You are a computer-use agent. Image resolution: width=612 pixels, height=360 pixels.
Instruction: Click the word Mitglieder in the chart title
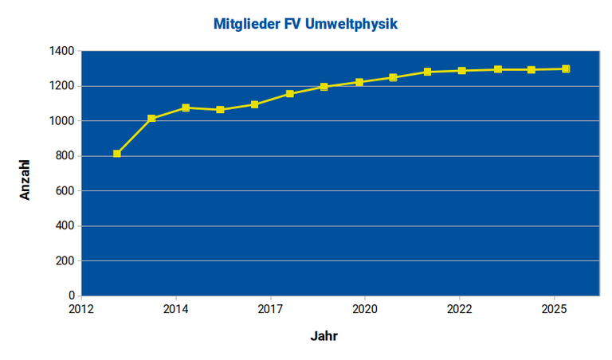245,25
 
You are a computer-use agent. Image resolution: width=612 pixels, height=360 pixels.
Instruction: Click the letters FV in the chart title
292,25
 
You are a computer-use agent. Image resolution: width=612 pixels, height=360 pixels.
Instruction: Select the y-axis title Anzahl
25,179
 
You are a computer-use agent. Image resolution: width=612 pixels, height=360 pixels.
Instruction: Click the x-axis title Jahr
324,336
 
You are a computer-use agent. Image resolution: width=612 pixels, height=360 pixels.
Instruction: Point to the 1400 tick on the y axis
61,51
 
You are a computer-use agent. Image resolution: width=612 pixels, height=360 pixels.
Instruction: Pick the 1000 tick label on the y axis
61,121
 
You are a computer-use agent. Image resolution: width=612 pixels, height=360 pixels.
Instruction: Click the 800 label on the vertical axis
65,156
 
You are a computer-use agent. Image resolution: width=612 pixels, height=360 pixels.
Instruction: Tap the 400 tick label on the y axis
65,226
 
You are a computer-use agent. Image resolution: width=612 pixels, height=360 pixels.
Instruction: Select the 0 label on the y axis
71,296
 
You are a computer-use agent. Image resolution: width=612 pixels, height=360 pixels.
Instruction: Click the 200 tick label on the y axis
65,261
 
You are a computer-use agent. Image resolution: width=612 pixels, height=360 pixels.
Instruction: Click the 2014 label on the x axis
175,308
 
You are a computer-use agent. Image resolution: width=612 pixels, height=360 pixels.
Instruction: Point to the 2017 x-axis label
270,308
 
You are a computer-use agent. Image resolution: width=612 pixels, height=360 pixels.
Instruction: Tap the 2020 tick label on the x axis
364,308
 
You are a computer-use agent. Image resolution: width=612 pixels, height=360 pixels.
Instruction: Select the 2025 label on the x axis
553,308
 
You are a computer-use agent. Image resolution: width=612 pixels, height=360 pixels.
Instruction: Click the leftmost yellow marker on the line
117,154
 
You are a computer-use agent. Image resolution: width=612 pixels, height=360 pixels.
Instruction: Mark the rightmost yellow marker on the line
566,69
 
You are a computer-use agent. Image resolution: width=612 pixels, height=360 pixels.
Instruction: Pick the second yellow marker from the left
151,119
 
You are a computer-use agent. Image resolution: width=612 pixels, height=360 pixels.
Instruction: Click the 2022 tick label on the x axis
459,308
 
